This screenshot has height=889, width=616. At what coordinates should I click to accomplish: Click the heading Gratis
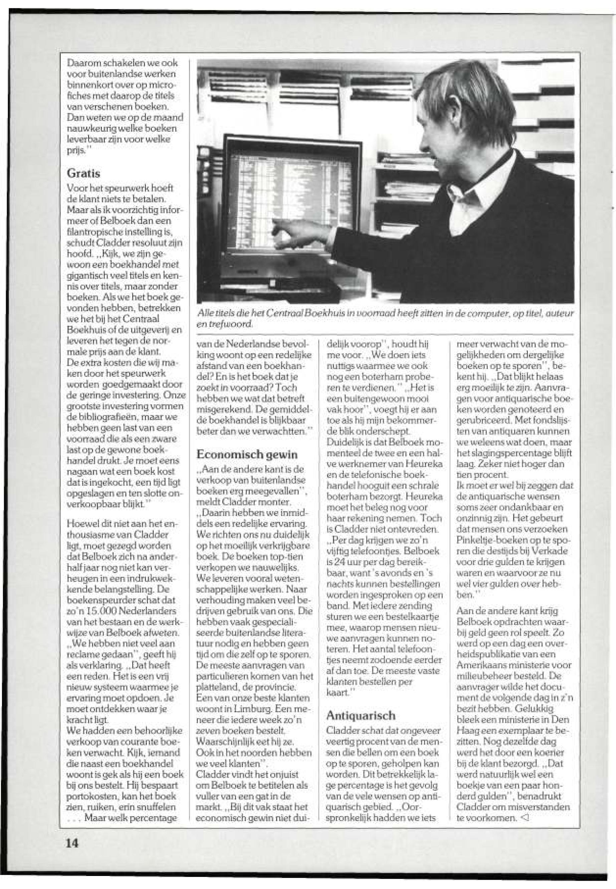pos(84,173)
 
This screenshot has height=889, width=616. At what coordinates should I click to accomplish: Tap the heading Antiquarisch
pos(361,716)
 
